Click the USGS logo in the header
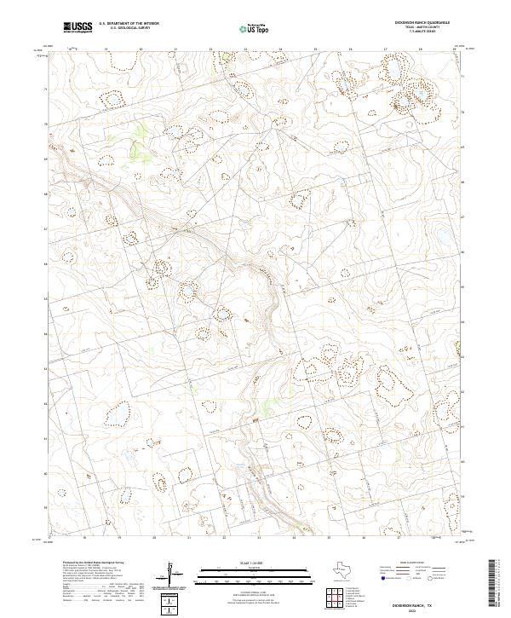[78, 28]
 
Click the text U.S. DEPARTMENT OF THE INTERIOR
[129, 25]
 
